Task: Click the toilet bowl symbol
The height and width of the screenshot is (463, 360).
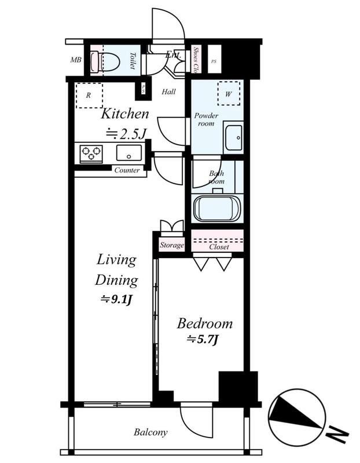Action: (x=109, y=60)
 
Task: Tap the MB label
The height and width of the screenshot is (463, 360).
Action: (x=76, y=60)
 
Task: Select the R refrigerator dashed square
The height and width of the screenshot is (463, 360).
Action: (x=89, y=96)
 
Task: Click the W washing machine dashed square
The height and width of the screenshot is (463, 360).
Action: (x=228, y=93)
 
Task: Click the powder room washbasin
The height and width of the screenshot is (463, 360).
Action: (x=234, y=137)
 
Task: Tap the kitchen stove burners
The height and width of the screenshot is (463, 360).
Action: (x=91, y=153)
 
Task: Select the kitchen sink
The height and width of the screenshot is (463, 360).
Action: (x=128, y=153)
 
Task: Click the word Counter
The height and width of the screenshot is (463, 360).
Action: (x=127, y=170)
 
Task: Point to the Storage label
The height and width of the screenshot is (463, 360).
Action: (x=172, y=245)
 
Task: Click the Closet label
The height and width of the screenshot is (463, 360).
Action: (x=219, y=247)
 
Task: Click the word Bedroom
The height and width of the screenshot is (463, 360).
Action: (x=205, y=323)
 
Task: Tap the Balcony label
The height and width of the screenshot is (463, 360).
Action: (x=150, y=432)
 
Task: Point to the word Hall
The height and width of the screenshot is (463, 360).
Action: (x=169, y=91)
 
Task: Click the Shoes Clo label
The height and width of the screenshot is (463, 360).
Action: (x=196, y=60)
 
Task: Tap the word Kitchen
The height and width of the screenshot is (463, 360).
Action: (x=126, y=114)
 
